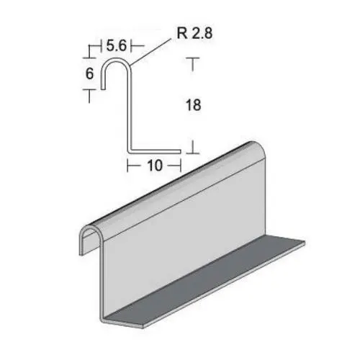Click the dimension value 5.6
(117, 45)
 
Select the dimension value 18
(192, 105)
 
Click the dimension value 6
(90, 73)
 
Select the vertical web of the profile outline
(130, 108)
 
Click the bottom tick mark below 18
(193, 150)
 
